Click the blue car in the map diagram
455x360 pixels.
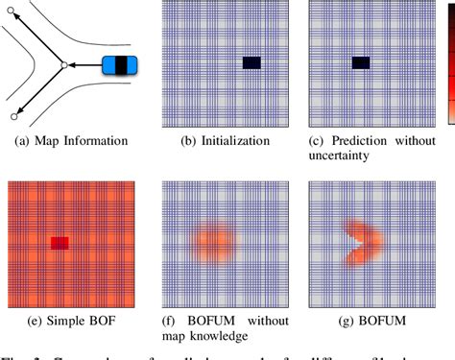click(119, 65)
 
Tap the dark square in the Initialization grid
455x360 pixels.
click(251, 63)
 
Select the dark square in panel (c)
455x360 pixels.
click(361, 63)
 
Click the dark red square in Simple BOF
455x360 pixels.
click(60, 244)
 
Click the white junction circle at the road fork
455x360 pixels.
click(62, 65)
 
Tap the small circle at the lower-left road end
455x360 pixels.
click(14, 116)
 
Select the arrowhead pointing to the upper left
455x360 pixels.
click(16, 15)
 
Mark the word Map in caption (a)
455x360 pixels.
click(44, 141)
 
